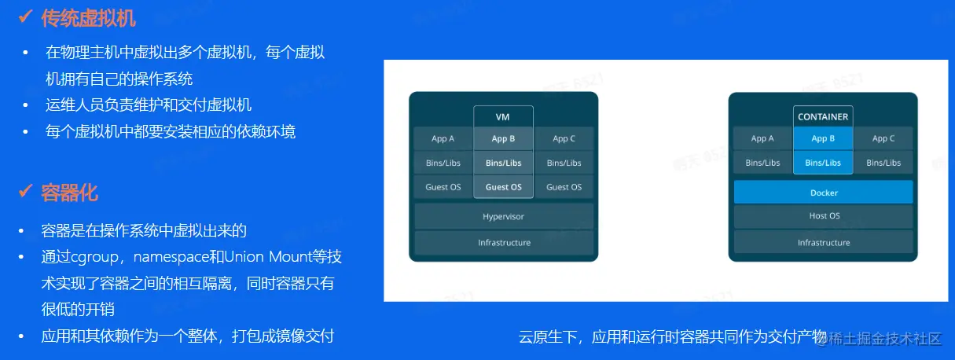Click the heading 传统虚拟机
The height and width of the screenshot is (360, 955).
tap(88, 18)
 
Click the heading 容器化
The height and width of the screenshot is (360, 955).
tap(69, 193)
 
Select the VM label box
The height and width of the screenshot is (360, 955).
tap(503, 116)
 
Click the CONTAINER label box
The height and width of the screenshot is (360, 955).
tap(823, 116)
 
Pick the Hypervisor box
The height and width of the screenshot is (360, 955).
tap(503, 216)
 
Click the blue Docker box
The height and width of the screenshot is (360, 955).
tap(824, 193)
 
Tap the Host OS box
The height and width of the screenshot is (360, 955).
tap(824, 216)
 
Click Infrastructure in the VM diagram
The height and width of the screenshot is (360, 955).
tap(503, 242)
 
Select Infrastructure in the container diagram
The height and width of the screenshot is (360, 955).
tap(824, 242)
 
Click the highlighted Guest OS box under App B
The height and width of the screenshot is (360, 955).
tap(503, 187)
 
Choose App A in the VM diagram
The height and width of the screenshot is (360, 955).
tap(443, 138)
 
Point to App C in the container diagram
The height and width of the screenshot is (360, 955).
tap(883, 138)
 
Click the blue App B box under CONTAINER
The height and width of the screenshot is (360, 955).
tap(823, 138)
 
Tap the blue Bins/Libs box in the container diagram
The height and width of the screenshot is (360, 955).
tap(823, 163)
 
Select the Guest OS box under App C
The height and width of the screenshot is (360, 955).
tap(564, 187)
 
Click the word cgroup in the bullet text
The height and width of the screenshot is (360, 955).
tap(95, 257)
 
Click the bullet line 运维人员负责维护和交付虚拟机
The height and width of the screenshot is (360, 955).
tap(149, 105)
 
